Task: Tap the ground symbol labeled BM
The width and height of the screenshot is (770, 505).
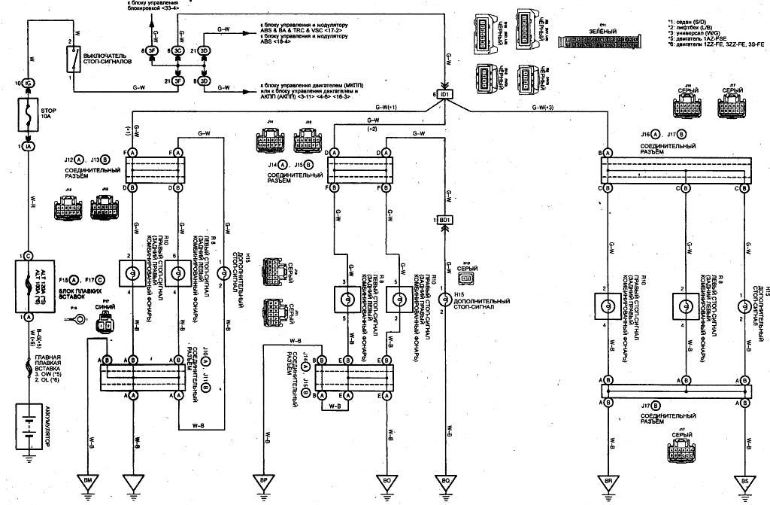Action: [88, 482]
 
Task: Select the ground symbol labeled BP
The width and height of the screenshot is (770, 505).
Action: [263, 482]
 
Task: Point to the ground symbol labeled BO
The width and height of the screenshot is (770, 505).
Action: [387, 482]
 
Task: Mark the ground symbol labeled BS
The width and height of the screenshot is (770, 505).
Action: [744, 482]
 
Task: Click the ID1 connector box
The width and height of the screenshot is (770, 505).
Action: [445, 95]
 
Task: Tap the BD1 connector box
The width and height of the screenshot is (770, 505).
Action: [445, 219]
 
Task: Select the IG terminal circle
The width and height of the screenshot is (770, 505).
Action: [29, 82]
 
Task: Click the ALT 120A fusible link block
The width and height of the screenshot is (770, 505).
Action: [29, 285]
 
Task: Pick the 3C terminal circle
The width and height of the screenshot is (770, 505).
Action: [179, 50]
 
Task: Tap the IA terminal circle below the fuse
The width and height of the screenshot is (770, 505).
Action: [29, 147]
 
